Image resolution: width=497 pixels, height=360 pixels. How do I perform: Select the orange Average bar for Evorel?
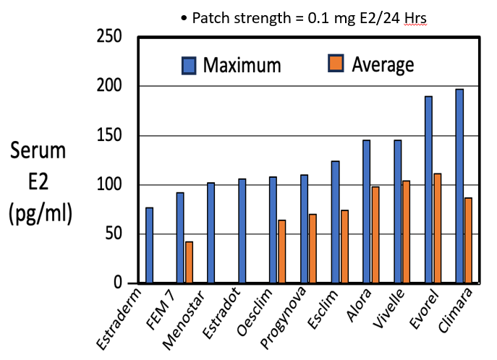pos(437,228)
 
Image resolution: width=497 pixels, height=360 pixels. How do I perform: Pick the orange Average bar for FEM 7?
pos(189,262)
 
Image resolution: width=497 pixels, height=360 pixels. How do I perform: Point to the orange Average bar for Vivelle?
pos(406,231)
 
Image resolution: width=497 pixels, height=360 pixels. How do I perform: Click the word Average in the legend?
pos(383,65)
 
